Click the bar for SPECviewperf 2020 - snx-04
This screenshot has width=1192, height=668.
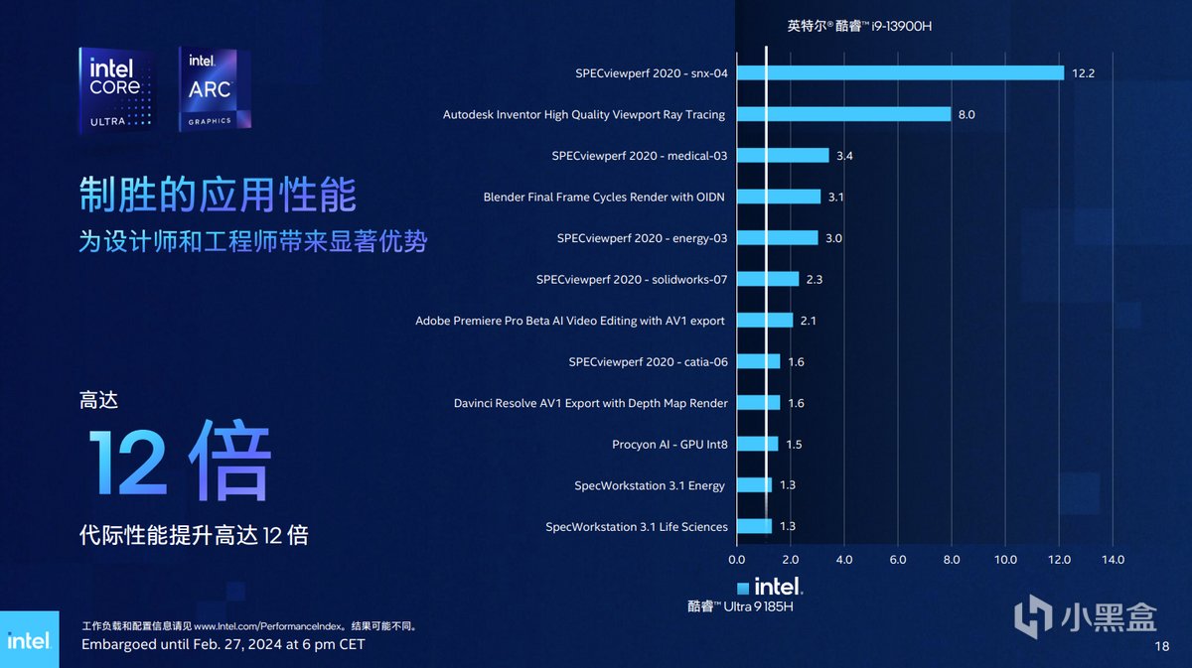900,72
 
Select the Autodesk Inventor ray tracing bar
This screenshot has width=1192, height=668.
843,114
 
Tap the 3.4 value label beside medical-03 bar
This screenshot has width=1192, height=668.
844,156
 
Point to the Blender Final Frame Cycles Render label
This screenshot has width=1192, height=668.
604,197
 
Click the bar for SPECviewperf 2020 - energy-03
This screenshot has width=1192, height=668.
777,238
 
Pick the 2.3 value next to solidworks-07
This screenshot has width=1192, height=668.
815,280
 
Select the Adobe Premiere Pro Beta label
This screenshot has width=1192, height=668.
570,321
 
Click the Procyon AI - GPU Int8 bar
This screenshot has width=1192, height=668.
757,444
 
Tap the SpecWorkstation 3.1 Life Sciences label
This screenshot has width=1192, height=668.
637,526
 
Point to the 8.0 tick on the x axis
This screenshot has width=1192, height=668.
952,560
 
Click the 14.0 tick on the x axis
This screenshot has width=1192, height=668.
1113,560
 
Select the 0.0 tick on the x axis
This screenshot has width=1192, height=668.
737,560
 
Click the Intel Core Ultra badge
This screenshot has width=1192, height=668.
115,90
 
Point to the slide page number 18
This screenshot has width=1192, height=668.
1162,646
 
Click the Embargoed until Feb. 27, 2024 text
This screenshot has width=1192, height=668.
223,645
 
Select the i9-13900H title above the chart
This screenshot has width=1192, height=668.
859,27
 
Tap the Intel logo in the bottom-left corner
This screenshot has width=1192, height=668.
28,639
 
